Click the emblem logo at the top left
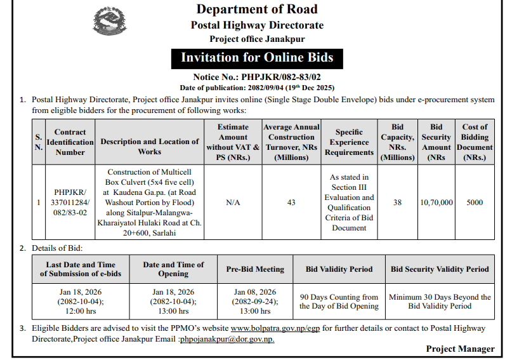pos(109,24)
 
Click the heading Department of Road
pos(257,10)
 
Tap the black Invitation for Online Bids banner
pos(257,57)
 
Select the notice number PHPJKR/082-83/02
pos(257,76)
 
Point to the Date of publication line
pos(257,87)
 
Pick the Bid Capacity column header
pos(397,142)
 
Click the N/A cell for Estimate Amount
pos(233,203)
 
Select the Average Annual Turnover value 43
pos(291,203)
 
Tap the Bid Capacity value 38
pos(397,203)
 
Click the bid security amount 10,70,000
pos(436,203)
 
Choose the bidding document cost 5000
pos(475,203)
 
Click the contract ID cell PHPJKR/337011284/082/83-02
pos(70,203)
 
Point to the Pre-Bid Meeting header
pos(255,269)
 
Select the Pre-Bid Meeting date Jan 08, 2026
pos(255,292)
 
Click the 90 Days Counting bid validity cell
pos(339,302)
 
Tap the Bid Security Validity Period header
pos(440,269)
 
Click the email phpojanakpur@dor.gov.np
pos(227,339)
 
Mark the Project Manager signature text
pos(460,349)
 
